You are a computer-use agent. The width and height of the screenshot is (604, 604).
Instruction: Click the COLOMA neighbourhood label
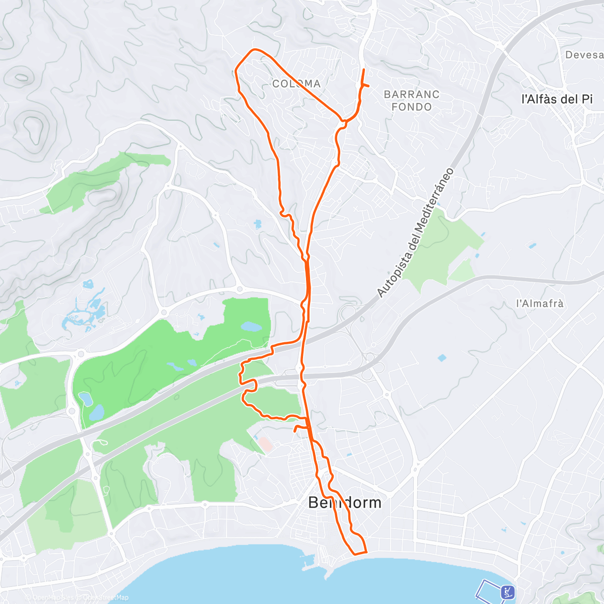296,84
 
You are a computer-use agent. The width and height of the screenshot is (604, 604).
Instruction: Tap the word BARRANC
411,94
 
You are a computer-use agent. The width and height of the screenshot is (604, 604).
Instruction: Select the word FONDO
411,107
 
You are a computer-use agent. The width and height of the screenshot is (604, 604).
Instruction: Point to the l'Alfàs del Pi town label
557,99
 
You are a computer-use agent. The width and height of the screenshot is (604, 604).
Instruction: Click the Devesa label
584,55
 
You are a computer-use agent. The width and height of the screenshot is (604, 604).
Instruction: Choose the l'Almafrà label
540,304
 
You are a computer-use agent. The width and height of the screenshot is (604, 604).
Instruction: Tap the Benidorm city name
345,502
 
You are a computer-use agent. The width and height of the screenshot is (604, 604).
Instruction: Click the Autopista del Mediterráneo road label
415,233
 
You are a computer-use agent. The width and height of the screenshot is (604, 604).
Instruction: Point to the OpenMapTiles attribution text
52,597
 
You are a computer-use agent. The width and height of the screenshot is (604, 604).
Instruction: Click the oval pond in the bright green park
251,327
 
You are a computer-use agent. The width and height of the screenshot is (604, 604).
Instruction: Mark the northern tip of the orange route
364,69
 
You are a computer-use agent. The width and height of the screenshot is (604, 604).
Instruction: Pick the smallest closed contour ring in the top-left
21,77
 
